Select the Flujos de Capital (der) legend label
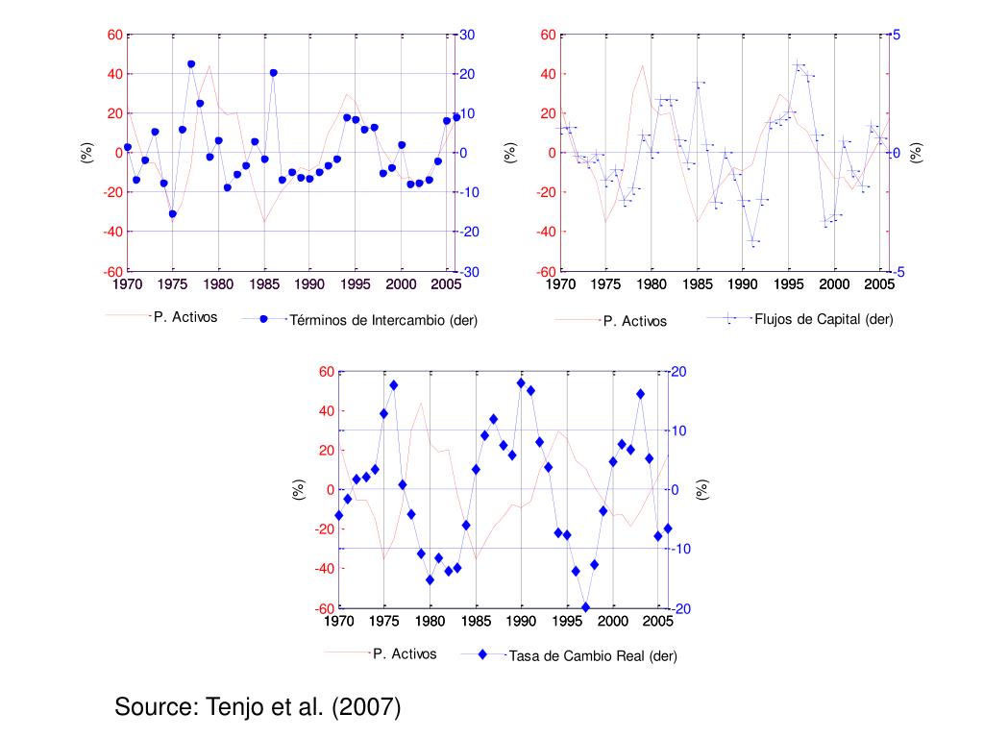click(824, 319)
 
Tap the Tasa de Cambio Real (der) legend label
click(593, 656)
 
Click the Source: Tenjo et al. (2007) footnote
click(258, 708)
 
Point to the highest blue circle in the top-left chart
click(191, 64)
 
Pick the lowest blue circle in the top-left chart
click(173, 214)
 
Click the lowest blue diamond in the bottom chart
click(585, 607)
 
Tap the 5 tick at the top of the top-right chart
click(897, 36)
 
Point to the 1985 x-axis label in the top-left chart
click(264, 284)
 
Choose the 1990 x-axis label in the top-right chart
click(743, 284)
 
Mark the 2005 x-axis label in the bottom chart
click(658, 622)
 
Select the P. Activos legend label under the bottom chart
click(405, 653)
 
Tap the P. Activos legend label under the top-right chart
click(634, 321)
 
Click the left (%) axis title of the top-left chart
click(86, 152)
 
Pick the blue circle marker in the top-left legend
click(264, 320)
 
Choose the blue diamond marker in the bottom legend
click(483, 655)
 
